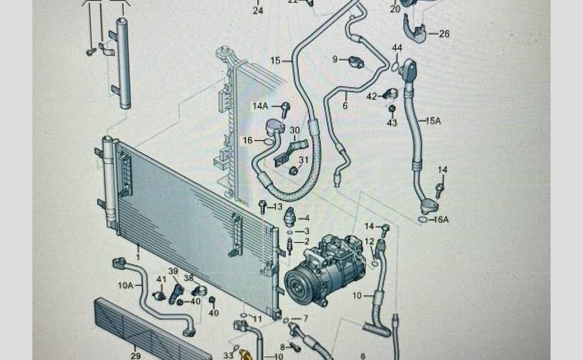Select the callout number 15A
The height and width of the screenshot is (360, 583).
(433, 121)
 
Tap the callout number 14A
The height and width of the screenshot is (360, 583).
(260, 106)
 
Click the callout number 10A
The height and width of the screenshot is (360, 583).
(125, 285)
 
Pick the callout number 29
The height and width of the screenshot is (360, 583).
(135, 356)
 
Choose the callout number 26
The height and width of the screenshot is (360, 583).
(443, 33)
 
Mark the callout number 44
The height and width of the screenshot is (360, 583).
(397, 48)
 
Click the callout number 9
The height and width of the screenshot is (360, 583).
(335, 59)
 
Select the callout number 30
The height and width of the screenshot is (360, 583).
(294, 130)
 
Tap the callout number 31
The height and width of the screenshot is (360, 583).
(303, 160)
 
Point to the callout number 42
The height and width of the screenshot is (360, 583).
(371, 96)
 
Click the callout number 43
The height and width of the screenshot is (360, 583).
(392, 123)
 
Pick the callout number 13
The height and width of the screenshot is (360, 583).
(278, 207)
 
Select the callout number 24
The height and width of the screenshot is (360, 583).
(258, 11)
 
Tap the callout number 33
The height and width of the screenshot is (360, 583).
(228, 355)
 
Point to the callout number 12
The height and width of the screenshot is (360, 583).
(369, 241)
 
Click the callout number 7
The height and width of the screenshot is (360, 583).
(305, 318)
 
